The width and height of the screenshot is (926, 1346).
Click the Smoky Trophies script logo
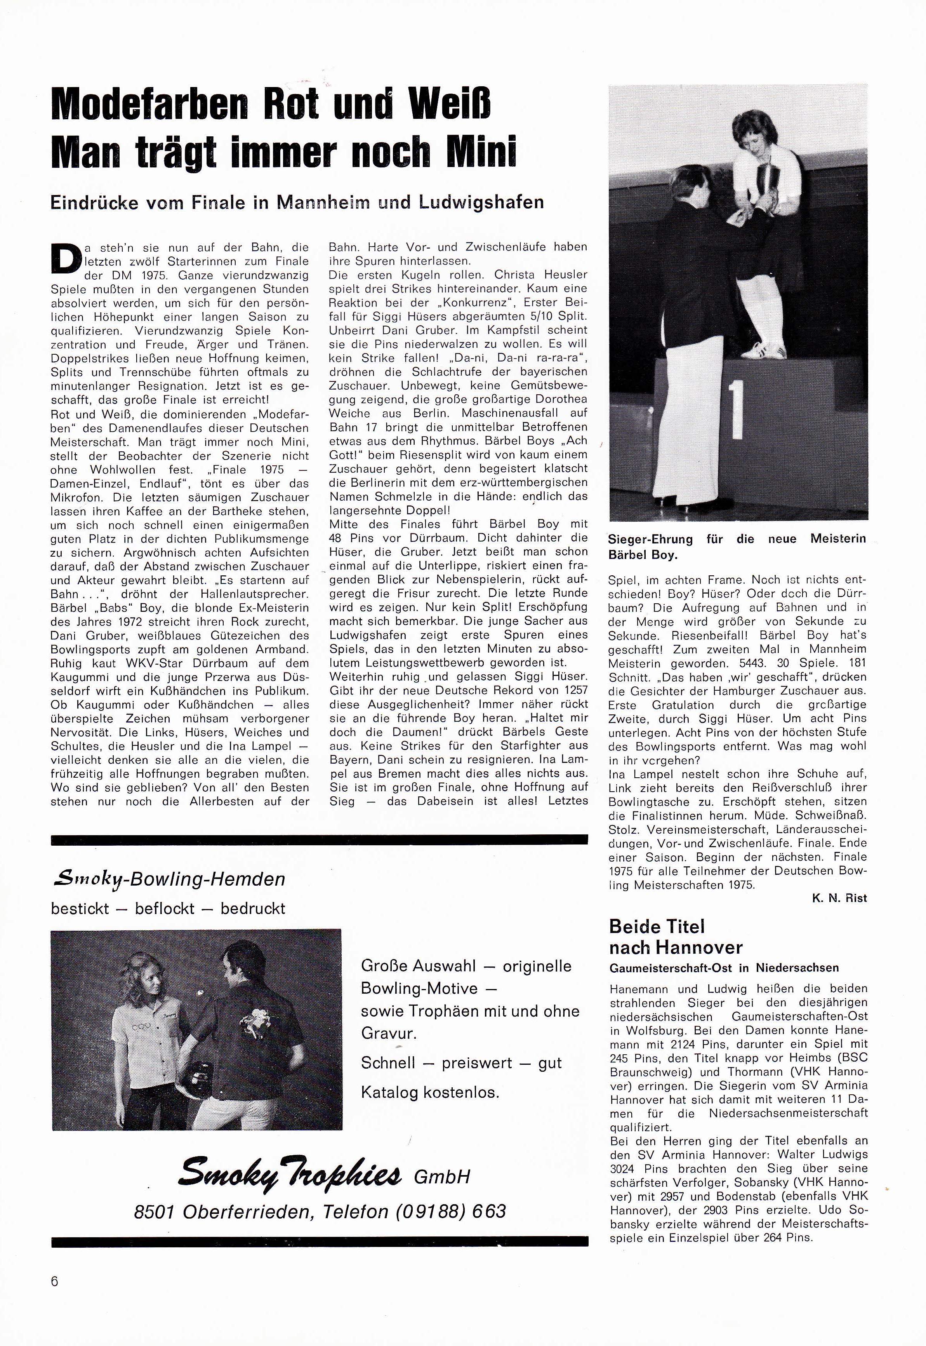290,1174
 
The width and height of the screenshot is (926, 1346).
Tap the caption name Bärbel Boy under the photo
643,554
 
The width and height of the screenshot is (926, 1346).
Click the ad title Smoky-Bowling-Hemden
168,879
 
